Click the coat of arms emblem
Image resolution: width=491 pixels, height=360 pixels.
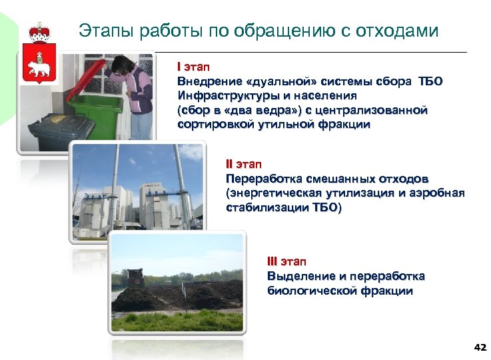click(39, 54)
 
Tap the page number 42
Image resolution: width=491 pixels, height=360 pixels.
click(479, 347)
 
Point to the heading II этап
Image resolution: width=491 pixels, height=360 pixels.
click(245, 164)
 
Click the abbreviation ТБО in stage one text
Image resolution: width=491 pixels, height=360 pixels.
click(430, 81)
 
